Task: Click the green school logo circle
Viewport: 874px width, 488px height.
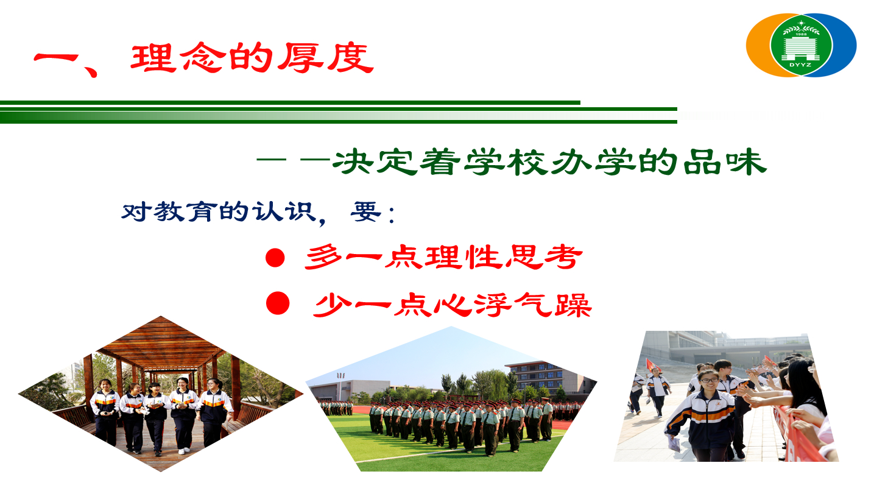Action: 801,45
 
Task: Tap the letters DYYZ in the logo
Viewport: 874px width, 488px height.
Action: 800,65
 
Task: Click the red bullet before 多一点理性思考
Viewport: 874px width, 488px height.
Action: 275,258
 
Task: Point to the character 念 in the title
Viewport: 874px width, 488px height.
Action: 204,58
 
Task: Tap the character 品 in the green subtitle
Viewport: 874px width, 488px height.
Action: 702,161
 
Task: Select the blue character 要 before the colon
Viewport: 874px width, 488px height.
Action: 365,211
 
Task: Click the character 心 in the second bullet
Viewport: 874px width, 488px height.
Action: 452,305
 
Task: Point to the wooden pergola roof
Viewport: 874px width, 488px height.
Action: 161,344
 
